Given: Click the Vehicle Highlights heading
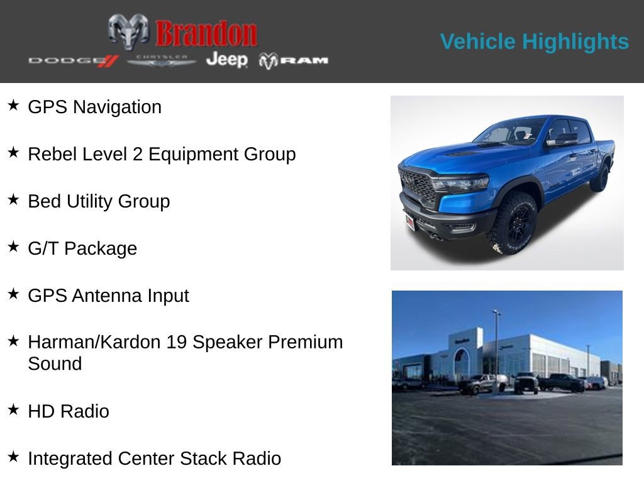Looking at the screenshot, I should click(x=535, y=42).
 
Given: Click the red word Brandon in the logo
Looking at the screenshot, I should click(x=206, y=34).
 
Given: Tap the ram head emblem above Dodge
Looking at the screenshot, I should click(x=128, y=31).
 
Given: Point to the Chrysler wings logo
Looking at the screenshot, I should click(x=162, y=60).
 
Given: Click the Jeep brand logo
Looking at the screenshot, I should click(x=227, y=59).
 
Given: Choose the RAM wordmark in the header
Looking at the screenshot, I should click(x=294, y=60).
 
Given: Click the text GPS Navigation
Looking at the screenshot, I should click(x=94, y=107).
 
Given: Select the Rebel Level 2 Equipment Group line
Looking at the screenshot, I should click(x=162, y=154).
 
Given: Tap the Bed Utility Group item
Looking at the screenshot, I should click(x=99, y=201).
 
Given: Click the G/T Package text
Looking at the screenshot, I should click(x=82, y=248).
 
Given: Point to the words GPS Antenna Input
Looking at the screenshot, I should click(x=108, y=296).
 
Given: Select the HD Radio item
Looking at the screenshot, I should click(x=69, y=411).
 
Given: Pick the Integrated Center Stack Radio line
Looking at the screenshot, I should click(x=154, y=458).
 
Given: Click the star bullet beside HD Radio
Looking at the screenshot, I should click(x=13, y=409).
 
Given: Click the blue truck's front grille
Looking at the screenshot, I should click(x=418, y=186).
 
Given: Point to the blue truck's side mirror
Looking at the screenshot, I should click(x=564, y=139).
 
